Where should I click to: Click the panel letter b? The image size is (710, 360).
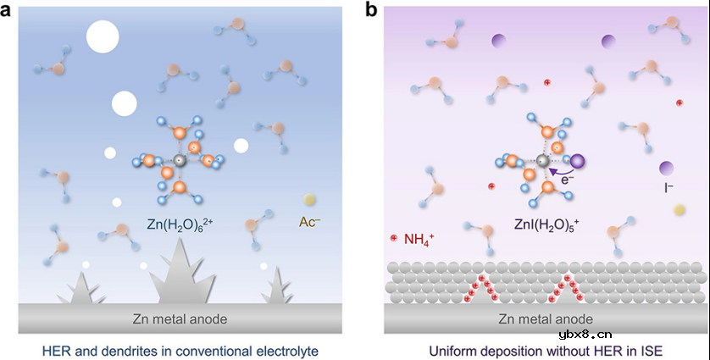pos(370,11)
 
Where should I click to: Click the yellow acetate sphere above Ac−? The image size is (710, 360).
pos(310,201)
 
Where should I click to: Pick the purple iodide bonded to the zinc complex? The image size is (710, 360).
pos(579,161)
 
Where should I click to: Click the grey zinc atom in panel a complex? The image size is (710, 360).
pos(179,160)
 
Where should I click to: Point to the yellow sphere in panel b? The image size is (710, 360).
pos(679,209)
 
